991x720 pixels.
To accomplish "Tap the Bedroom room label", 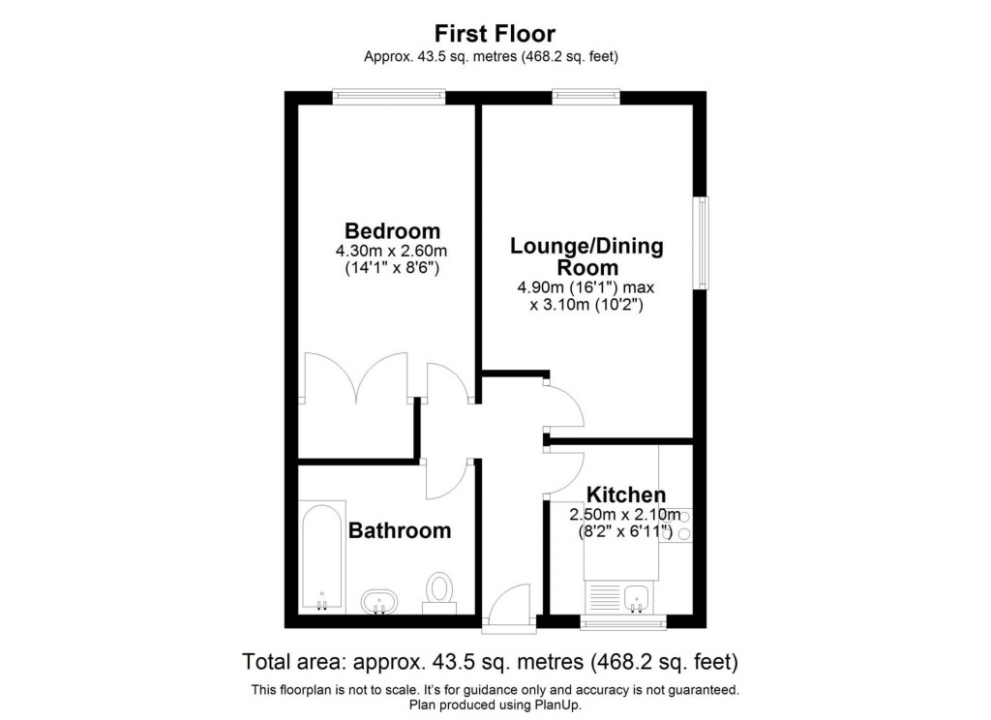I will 392,231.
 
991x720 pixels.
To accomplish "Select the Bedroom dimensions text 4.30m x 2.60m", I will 392,251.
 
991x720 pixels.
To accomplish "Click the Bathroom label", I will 399,531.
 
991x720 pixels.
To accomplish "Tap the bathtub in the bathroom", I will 321,556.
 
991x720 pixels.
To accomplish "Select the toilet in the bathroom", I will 439,591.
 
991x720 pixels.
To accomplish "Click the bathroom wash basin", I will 378,602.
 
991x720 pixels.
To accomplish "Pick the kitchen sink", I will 637,598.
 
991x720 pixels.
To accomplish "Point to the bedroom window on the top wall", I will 388,96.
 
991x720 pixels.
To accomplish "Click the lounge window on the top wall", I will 586,96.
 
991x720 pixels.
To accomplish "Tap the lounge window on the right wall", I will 700,242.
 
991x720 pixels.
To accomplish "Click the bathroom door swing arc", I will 447,480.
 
